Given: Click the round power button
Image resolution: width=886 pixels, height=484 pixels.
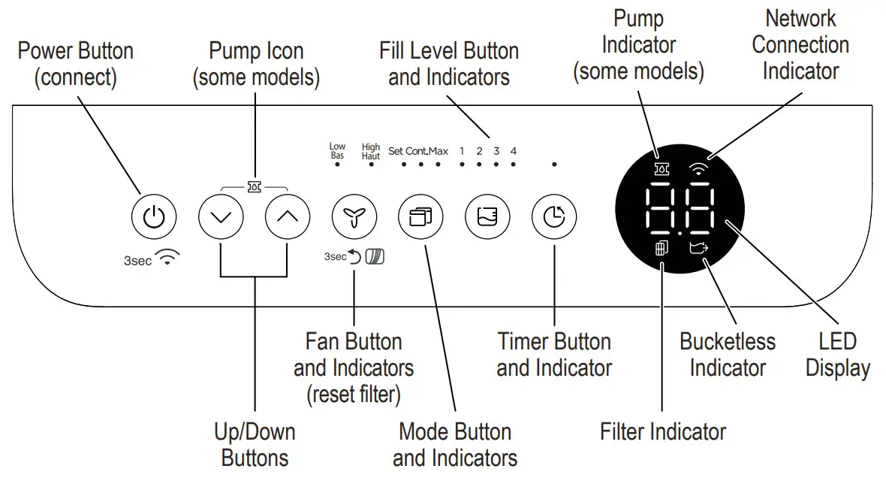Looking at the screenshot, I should (x=154, y=217).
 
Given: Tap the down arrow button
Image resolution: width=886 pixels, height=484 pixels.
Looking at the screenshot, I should (x=221, y=217).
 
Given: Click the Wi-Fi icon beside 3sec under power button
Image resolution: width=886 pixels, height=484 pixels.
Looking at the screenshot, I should (x=170, y=259).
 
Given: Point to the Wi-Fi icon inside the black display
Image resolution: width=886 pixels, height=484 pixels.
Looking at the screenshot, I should (x=700, y=170).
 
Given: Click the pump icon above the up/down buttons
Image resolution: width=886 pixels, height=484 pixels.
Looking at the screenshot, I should (x=255, y=185).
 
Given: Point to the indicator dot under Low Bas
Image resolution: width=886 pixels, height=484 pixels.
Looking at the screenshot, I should (x=337, y=163).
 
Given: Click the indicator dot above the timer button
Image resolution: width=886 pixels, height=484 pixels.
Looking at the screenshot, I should (x=554, y=163).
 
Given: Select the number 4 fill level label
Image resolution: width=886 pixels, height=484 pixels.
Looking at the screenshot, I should (x=514, y=151).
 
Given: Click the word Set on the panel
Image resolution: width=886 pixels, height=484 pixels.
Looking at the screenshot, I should (x=396, y=151).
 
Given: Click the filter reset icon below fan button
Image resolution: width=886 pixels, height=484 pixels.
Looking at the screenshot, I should (x=373, y=257).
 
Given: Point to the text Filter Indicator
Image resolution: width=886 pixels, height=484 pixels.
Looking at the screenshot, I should (x=663, y=431).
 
